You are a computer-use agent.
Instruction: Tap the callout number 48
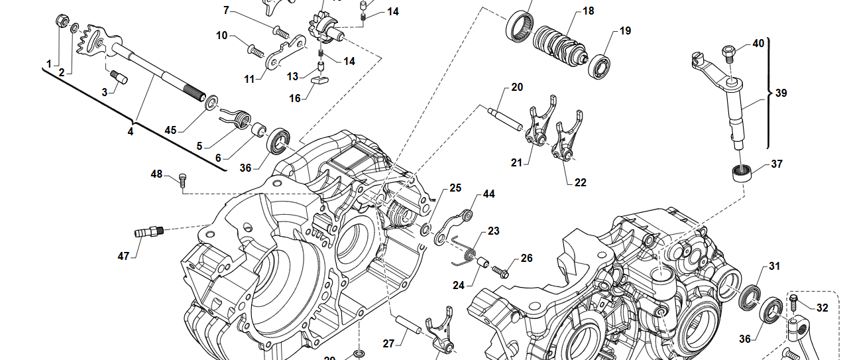(x=156, y=174)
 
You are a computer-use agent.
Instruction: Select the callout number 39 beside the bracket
(x=781, y=93)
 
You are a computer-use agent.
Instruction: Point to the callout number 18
(x=588, y=11)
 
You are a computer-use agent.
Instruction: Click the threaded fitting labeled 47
(x=148, y=231)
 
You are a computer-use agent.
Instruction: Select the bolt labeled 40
(x=728, y=50)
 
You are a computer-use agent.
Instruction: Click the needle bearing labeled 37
(x=740, y=174)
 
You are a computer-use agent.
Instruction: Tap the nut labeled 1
(x=60, y=21)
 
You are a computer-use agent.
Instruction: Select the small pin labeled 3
(x=119, y=77)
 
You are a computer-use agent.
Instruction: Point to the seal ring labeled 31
(x=750, y=296)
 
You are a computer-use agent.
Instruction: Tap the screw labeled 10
(x=255, y=48)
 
